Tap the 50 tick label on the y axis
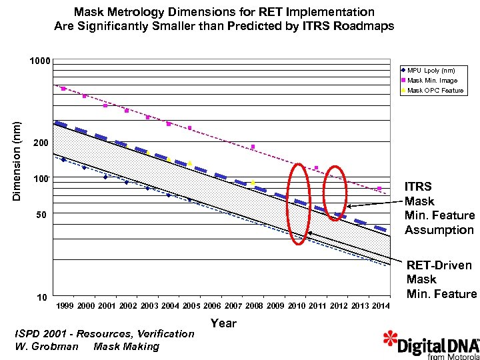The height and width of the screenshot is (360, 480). pos(41,214)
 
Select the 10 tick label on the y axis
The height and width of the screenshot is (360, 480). pos(41,297)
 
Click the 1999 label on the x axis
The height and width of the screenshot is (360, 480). pos(65,305)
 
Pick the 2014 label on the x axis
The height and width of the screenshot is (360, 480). pos(380,305)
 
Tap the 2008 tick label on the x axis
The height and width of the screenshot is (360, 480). pos(254,305)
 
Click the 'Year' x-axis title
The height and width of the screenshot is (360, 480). pos(223,323)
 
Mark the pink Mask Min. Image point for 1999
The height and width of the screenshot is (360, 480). pos(63,89)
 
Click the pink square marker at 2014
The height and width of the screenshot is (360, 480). pos(379,189)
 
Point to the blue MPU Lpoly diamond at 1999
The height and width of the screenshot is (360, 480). pos(63,160)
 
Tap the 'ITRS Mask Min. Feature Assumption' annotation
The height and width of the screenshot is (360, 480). pos(439,208)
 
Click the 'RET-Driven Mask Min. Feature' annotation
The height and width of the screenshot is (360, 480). pos(441,280)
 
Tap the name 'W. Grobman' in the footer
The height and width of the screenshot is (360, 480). pos(46,346)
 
